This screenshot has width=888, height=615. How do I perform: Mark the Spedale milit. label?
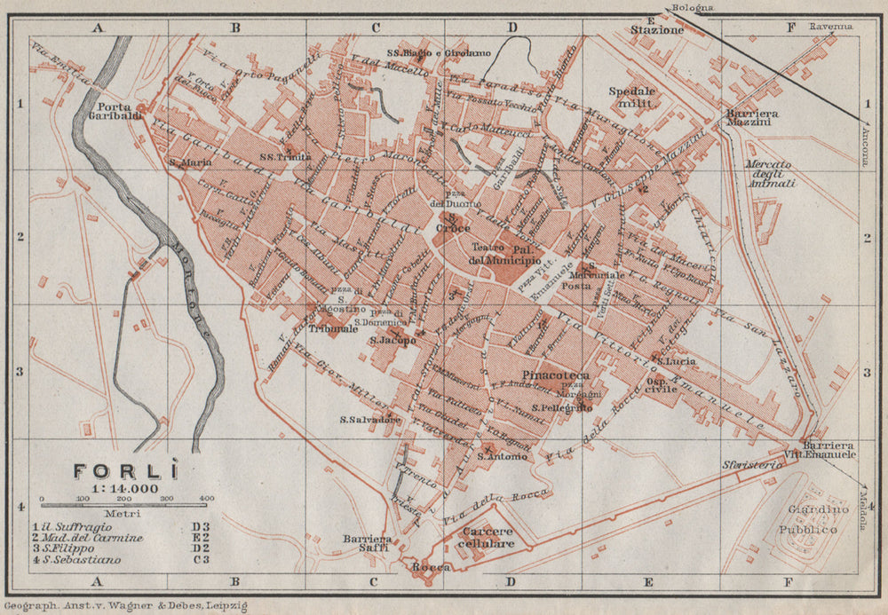click(x=631, y=97)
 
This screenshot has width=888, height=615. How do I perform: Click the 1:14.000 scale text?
click(x=124, y=488)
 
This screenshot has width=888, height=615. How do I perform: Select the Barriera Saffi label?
click(x=369, y=544)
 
